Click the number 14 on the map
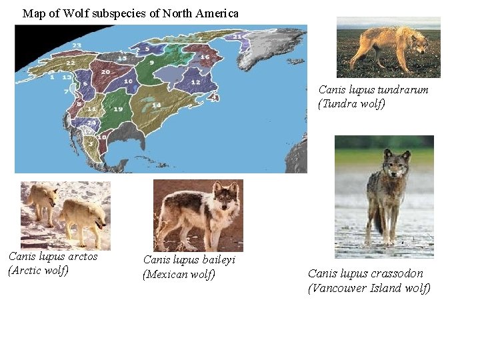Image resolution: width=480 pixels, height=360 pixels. click(x=156, y=105)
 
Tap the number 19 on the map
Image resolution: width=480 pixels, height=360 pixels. click(x=118, y=109)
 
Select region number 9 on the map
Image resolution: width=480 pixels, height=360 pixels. click(x=152, y=62)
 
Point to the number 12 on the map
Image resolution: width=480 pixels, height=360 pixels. click(x=195, y=81)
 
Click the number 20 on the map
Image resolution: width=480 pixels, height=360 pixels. click(x=105, y=71)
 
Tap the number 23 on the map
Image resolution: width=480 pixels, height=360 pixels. click(x=77, y=45)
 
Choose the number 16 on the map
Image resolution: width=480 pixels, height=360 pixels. click(x=205, y=57)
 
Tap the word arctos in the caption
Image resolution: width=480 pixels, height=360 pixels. click(x=82, y=256)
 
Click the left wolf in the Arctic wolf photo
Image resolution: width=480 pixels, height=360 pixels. click(x=42, y=201)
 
